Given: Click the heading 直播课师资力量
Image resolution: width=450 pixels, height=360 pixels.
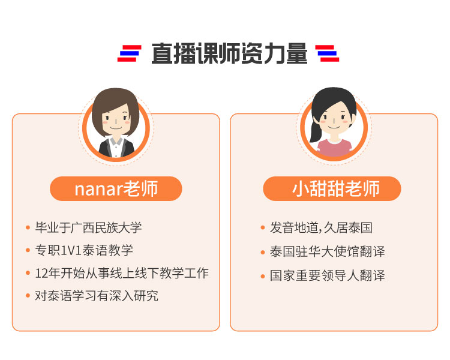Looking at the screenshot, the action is pyautogui.click(x=229, y=53).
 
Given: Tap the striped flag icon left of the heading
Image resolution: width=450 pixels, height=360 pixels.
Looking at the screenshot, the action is pyautogui.click(x=130, y=53).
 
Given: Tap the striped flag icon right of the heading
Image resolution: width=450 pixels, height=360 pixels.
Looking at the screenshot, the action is pyautogui.click(x=327, y=53).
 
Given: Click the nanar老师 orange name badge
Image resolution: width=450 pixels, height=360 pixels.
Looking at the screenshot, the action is pyautogui.click(x=116, y=188).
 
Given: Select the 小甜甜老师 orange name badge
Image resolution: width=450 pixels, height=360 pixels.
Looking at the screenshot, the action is pyautogui.click(x=332, y=188).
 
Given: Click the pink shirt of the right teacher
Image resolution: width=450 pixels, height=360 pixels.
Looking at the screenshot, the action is pyautogui.click(x=334, y=148).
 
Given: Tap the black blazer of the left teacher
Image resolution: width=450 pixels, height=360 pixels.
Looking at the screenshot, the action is pyautogui.click(x=116, y=148).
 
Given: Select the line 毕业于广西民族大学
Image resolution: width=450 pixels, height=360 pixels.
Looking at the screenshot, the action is pyautogui.click(x=88, y=227).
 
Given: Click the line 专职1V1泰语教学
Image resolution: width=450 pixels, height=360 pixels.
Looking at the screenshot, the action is pyautogui.click(x=84, y=250).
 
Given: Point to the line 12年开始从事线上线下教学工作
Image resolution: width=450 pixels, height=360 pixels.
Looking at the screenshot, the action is pyautogui.click(x=122, y=273).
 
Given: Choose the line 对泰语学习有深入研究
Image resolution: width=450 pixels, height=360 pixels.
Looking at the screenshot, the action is pyautogui.click(x=97, y=295).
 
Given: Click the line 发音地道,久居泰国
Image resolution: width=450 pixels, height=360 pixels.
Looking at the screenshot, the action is pyautogui.click(x=321, y=227).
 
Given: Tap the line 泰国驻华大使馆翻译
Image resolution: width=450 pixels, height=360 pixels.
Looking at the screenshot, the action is pyautogui.click(x=327, y=251).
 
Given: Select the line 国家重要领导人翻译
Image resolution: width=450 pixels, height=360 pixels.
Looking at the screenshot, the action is pyautogui.click(x=327, y=275).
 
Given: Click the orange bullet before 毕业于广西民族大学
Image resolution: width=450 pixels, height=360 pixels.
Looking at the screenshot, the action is pyautogui.click(x=28, y=227).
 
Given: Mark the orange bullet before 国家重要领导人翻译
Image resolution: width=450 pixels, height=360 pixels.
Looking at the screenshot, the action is pyautogui.click(x=263, y=276).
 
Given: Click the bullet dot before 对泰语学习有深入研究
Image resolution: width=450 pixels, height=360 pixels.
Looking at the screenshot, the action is pyautogui.click(x=28, y=295).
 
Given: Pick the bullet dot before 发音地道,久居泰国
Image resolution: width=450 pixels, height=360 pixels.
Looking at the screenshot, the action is pyautogui.click(x=263, y=227).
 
